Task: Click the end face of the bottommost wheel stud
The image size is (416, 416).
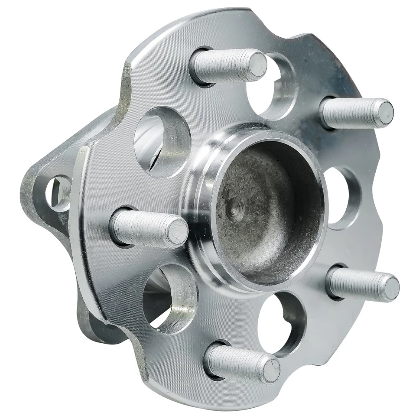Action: click(270, 368)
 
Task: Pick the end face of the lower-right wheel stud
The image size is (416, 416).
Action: click(391, 289)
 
